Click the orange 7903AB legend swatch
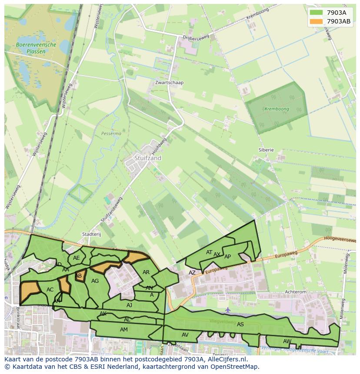coord(316,21)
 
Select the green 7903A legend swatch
coord(316,12)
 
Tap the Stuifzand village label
coord(148,158)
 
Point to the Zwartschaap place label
coord(170,83)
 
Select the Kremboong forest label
coord(277,109)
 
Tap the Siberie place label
coord(266,149)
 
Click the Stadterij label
coord(91,234)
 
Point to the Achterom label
coord(296,292)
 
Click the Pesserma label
coord(111,133)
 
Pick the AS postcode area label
coord(240,324)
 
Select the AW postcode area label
coord(287,341)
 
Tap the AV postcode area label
coord(185,334)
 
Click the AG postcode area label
coord(95,281)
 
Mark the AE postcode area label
coord(77,258)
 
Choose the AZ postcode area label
coord(192,273)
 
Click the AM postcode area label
coord(124,330)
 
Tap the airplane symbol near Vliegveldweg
coord(228,310)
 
